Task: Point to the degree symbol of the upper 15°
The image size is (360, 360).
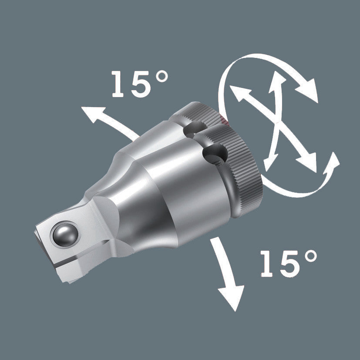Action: pyautogui.click(x=161, y=77)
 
